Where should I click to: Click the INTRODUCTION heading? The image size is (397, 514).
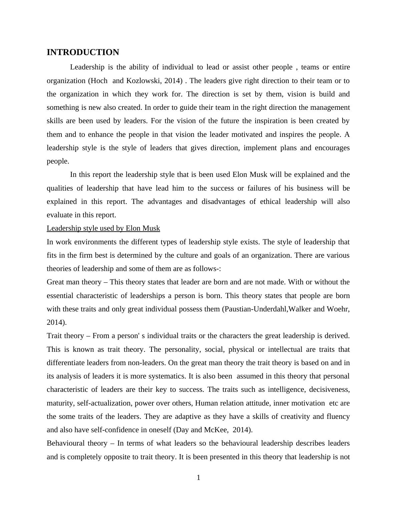tap(83, 52)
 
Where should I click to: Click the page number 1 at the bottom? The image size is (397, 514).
tap(198, 478)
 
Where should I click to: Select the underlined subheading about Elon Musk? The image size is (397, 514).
tap(103, 228)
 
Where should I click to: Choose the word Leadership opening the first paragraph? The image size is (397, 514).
tap(87, 67)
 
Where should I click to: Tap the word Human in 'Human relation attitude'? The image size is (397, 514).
tap(205, 403)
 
